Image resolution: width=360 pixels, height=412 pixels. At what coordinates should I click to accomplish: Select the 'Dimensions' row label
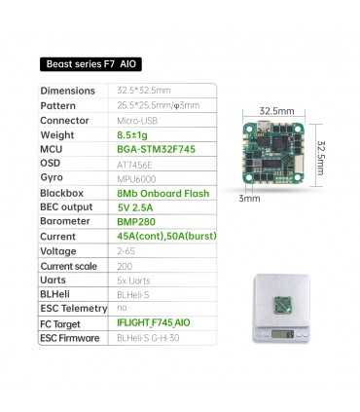[x=67, y=91]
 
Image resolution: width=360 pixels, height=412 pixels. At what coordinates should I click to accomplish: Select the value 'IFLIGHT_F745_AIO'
[x=158, y=324]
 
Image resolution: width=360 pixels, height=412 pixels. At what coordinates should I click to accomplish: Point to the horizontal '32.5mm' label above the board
[x=276, y=111]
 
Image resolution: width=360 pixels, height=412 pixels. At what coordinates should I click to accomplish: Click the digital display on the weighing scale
[x=282, y=334]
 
